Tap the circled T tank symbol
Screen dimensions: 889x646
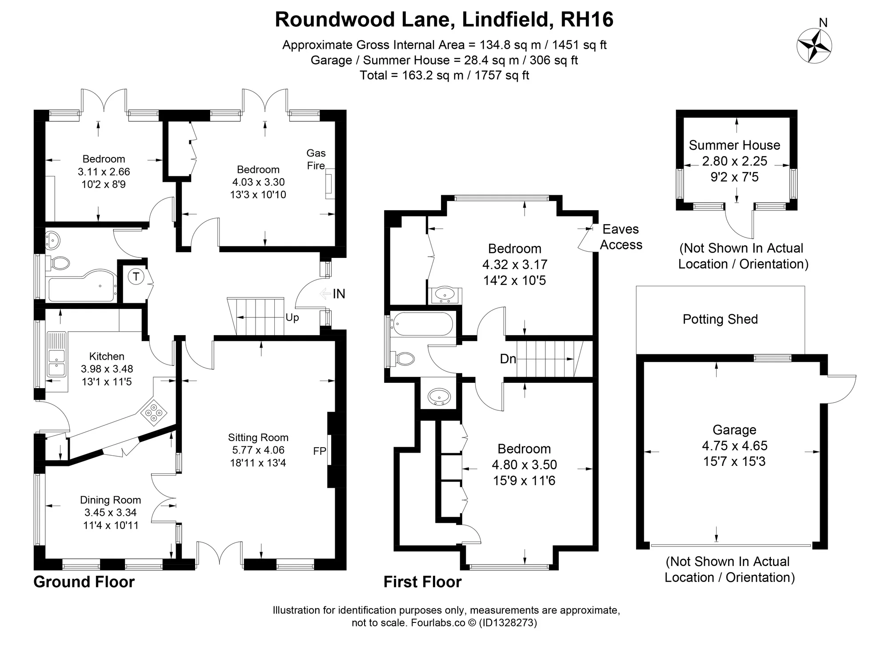tap(136, 277)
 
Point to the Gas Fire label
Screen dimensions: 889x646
tap(316, 159)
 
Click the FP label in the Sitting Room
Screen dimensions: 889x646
tap(320, 451)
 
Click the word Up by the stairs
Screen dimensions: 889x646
tap(292, 317)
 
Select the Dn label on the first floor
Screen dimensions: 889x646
tap(508, 359)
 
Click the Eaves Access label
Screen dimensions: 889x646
tap(621, 237)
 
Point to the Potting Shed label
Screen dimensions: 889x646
tap(720, 319)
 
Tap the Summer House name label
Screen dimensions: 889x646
tap(734, 145)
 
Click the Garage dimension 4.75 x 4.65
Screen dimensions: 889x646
tap(734, 445)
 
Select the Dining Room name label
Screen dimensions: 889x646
tap(110, 500)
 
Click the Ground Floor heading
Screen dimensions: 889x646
tap(84, 582)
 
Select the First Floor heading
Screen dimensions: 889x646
tap(423, 582)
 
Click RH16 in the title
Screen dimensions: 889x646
tap(587, 20)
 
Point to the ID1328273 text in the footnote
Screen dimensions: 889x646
tap(508, 623)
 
